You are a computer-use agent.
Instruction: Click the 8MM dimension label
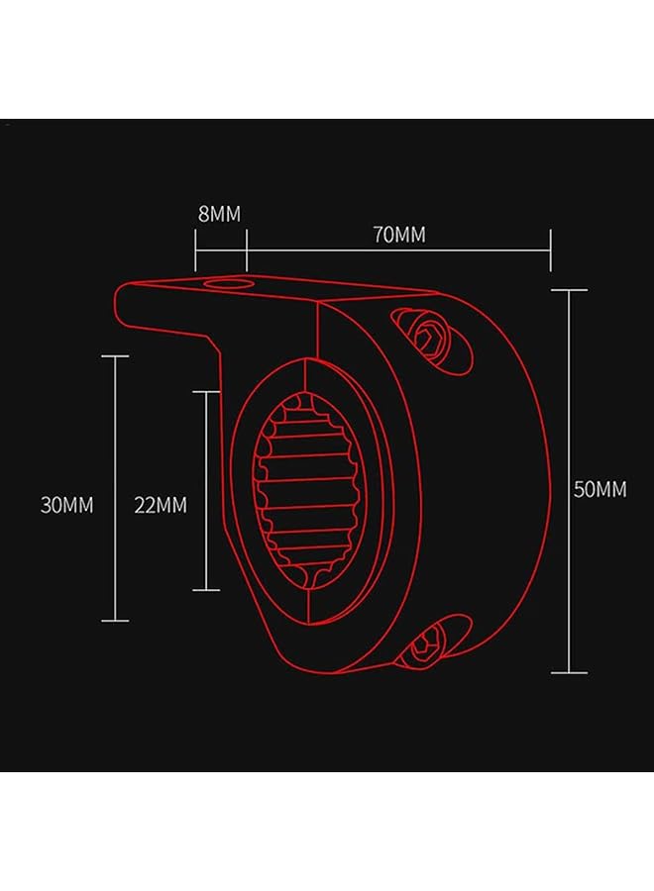point(219,214)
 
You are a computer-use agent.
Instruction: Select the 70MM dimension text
point(398,235)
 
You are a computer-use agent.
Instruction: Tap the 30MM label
point(66,505)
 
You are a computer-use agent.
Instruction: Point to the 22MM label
point(161,505)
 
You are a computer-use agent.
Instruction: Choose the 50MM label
point(600,489)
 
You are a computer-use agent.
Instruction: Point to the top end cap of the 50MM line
point(569,290)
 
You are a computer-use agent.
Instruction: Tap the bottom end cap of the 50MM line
point(569,672)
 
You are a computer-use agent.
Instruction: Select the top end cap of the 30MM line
point(116,356)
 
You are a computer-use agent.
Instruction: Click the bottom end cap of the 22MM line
point(206,590)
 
